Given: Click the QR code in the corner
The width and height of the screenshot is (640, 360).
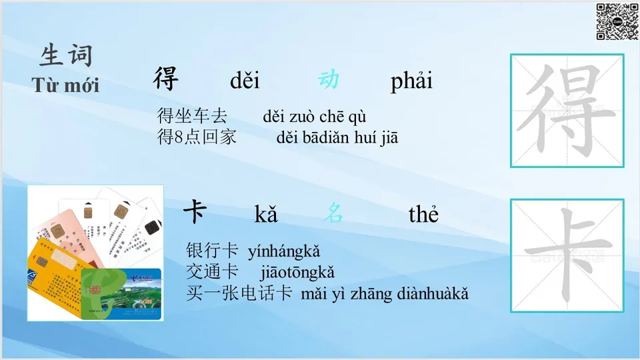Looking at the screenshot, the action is click(x=617, y=21).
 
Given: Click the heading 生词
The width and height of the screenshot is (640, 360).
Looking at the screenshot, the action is click(x=66, y=55).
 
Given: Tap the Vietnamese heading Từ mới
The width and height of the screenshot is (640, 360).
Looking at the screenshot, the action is click(x=65, y=85).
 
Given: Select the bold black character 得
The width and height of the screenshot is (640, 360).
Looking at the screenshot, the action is click(x=166, y=79).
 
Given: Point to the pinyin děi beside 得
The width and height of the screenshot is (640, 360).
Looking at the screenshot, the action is click(x=245, y=81).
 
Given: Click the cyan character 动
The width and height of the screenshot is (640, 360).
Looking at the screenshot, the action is click(x=329, y=79).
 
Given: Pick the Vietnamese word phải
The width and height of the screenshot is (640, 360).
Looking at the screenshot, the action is click(x=411, y=81).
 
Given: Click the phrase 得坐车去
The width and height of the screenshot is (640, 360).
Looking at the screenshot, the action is click(x=192, y=116).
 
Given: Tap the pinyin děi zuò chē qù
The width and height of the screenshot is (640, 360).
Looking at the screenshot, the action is click(x=314, y=117).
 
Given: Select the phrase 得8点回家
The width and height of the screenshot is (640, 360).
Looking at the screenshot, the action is click(x=197, y=137).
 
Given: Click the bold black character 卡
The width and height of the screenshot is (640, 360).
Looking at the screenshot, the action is click(x=195, y=211).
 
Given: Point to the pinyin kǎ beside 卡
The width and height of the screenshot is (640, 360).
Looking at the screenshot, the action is click(x=266, y=214).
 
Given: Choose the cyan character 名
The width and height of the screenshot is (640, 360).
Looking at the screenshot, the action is click(x=333, y=213).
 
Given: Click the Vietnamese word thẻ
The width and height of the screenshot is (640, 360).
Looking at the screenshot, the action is click(x=423, y=213).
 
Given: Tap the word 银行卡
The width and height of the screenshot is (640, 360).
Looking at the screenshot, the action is click(x=212, y=251).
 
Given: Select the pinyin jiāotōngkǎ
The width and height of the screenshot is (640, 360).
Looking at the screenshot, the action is click(x=297, y=272).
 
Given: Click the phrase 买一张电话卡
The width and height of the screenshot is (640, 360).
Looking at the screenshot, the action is click(x=239, y=293).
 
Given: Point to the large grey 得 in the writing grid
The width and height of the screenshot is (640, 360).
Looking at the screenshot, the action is click(x=567, y=110).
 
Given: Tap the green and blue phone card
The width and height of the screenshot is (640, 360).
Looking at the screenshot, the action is click(x=121, y=294).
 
